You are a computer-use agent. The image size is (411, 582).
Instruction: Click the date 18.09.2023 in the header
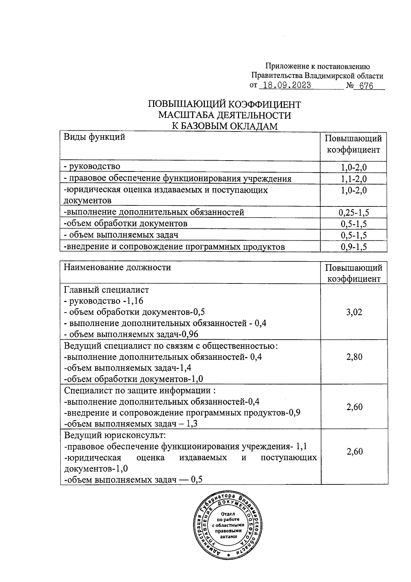point(285,85)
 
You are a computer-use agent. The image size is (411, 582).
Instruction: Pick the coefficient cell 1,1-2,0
point(354,179)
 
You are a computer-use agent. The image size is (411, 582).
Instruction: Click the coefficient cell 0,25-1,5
point(354,213)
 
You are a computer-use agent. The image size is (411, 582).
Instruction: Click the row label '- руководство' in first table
point(92,167)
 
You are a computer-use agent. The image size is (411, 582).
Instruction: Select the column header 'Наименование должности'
point(117,267)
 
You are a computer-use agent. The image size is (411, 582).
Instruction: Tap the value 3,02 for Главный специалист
point(354,312)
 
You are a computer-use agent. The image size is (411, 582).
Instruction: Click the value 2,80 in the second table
point(354,357)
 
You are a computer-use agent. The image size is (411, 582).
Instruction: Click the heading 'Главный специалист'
point(107,290)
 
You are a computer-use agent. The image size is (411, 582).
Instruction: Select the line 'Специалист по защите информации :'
point(140,391)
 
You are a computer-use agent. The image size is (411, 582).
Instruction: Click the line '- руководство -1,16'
point(103,301)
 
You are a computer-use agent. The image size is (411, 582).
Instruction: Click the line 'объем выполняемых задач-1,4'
point(128,368)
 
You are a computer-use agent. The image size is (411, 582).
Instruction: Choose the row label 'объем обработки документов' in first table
point(126,224)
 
